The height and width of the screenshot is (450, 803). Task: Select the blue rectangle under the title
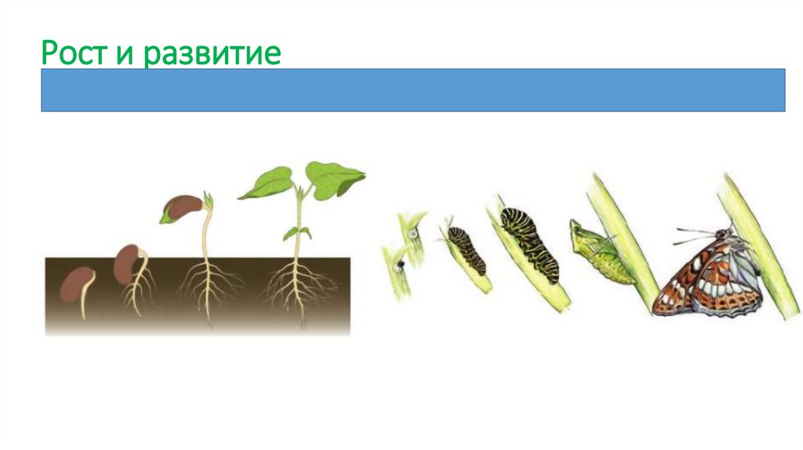[412, 89]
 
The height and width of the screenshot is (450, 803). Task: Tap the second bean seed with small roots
[128, 263]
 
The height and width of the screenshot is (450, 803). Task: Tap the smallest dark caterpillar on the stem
[467, 249]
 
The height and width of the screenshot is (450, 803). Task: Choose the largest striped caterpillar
[532, 242]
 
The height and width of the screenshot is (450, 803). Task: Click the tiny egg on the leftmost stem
[411, 233]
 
